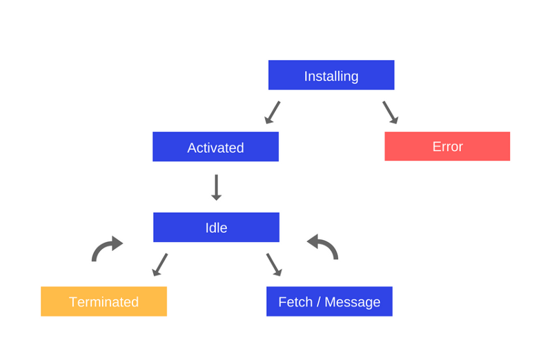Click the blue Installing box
[331, 75]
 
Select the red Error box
[447, 146]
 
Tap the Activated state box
[215, 147]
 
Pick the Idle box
[216, 228]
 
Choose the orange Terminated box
[103, 301]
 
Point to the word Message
[353, 302]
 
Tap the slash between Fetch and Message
[317, 302]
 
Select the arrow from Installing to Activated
[273, 112]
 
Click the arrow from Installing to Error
[391, 112]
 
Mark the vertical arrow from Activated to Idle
[216, 187]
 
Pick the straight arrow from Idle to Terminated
[160, 264]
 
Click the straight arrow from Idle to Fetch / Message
[274, 264]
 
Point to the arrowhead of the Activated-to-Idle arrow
[216, 197]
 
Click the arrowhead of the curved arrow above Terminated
[117, 243]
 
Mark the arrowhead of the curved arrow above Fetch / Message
[313, 241]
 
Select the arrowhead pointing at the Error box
[395, 121]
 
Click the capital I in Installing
[306, 76]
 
